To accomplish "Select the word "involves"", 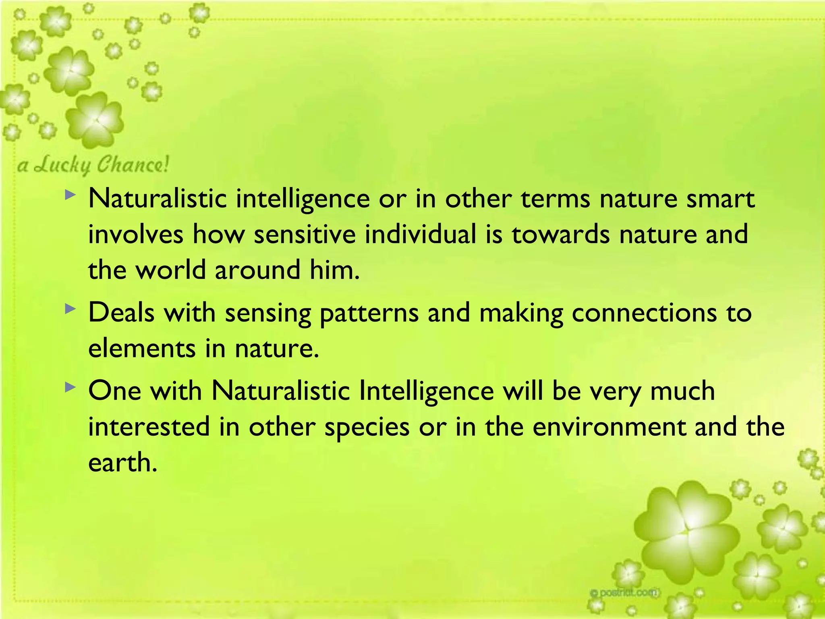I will [135, 235].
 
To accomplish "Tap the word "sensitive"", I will [305, 235].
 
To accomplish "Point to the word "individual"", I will [421, 235].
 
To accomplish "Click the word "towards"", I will [561, 235].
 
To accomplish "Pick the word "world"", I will [170, 270].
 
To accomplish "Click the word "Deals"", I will [121, 313].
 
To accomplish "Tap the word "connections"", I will [644, 313].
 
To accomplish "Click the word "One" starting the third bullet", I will [114, 391].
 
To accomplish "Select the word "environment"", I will [609, 427].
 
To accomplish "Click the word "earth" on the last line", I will [122, 463].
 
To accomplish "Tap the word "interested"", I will [149, 427].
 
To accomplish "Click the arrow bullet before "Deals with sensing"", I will [70, 309].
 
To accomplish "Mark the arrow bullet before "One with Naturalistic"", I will [70, 388].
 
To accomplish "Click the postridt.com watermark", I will [624, 592].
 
